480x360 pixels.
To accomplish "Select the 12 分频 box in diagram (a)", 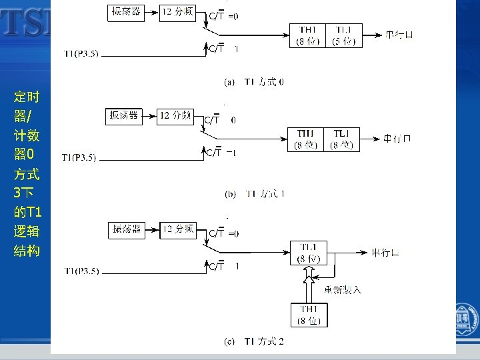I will (177, 12).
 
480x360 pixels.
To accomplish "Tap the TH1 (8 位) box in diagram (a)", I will (308, 35).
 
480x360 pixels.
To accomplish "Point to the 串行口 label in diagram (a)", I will (399, 35).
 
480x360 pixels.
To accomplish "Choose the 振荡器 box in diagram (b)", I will (124, 116).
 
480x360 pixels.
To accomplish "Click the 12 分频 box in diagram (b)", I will (175, 116).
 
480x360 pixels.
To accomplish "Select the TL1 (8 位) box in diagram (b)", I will (342, 139).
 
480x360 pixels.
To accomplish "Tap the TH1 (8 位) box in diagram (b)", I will (305, 139).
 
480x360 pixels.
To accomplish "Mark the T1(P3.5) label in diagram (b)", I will (79, 157).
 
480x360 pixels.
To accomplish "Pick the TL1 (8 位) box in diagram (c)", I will (308, 253).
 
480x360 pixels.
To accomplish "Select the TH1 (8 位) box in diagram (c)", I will (308, 315).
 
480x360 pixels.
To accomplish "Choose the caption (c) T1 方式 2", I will (255, 342).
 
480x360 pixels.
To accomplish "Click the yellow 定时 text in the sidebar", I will (27, 97).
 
